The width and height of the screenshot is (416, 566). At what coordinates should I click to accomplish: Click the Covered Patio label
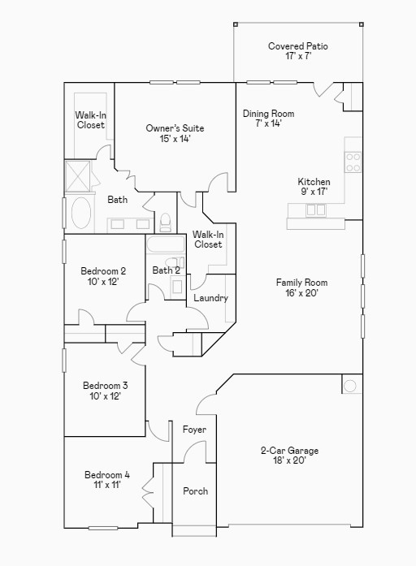(298, 46)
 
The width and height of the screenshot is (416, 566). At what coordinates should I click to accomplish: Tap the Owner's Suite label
(175, 128)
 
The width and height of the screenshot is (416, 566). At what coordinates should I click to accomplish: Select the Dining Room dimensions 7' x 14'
(268, 124)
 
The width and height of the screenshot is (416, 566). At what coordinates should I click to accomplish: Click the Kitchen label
(314, 182)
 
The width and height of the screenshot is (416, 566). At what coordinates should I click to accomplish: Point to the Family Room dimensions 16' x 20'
(301, 293)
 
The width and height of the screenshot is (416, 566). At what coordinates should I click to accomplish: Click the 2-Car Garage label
(289, 451)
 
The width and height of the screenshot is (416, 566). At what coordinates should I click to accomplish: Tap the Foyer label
(194, 430)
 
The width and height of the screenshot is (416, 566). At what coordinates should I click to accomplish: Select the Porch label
(195, 491)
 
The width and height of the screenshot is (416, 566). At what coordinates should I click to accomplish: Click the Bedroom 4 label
(106, 475)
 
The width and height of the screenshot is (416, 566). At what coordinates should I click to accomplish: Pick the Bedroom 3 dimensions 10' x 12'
(104, 396)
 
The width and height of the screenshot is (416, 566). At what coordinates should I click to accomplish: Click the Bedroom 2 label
(103, 271)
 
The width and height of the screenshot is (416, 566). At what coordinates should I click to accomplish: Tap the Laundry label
(210, 298)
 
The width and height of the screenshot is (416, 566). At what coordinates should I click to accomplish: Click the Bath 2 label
(166, 270)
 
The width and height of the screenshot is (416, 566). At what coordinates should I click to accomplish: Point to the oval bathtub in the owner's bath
(82, 214)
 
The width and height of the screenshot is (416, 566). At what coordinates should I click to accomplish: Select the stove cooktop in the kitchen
(353, 162)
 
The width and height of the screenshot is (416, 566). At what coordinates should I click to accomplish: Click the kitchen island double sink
(315, 210)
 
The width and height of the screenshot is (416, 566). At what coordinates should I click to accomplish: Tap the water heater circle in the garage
(350, 386)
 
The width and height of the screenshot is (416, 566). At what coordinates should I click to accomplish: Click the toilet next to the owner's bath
(165, 221)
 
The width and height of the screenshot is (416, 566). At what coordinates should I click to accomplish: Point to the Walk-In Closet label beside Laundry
(208, 240)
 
